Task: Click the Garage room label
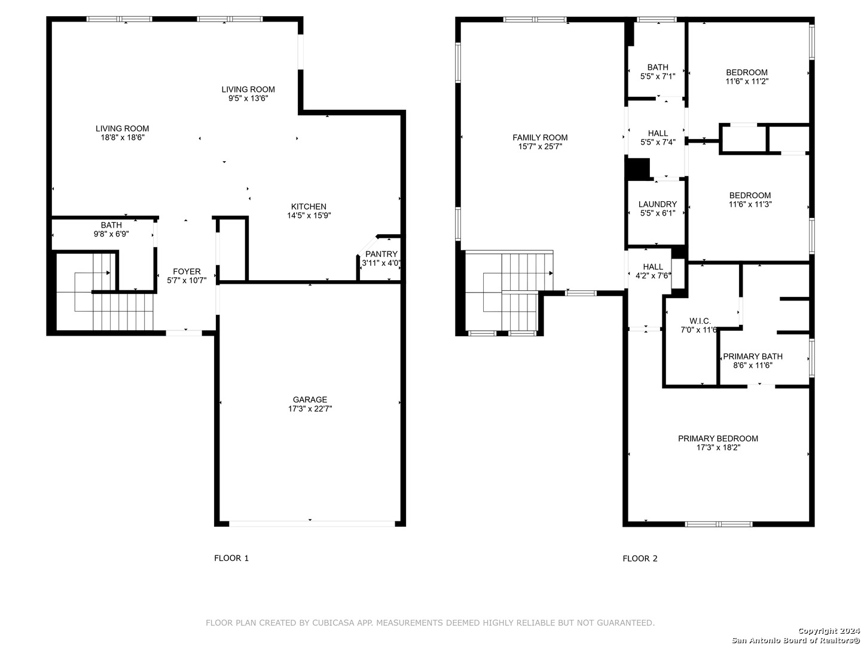(x=310, y=400)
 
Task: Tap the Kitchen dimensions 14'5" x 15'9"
(x=309, y=216)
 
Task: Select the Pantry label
(x=381, y=254)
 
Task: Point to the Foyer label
(x=187, y=271)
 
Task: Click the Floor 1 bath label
(x=111, y=225)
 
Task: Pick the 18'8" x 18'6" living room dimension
(x=123, y=137)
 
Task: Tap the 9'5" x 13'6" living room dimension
(x=248, y=99)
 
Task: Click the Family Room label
(x=540, y=137)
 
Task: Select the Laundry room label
(x=658, y=204)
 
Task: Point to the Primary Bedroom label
(x=718, y=438)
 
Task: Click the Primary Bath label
(x=752, y=357)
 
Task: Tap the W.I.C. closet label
(x=700, y=321)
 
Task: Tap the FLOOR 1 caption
(x=231, y=558)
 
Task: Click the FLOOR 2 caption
(x=640, y=558)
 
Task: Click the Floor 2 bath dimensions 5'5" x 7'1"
(x=658, y=77)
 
